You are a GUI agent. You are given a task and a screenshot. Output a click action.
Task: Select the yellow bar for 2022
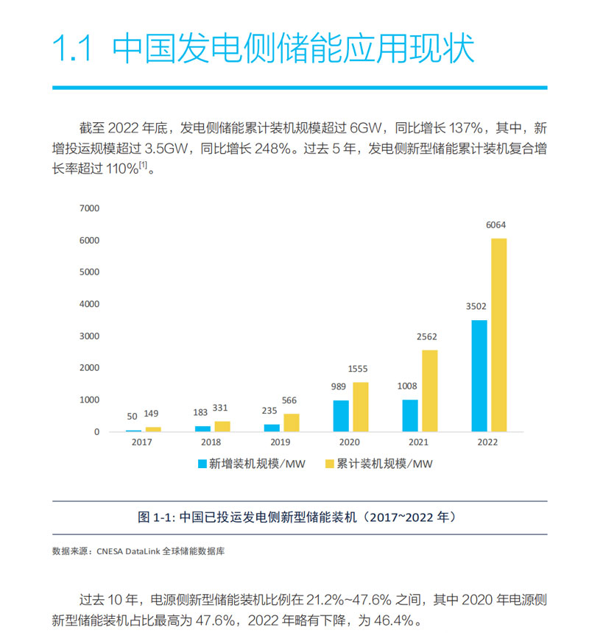(x=498, y=335)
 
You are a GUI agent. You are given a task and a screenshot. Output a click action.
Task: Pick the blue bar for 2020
(x=340, y=416)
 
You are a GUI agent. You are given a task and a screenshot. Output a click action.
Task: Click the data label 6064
(x=496, y=225)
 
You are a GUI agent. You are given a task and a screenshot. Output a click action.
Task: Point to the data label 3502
(x=476, y=307)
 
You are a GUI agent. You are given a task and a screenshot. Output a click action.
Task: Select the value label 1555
(x=362, y=369)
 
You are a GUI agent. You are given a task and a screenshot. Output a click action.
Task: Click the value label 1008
(x=407, y=386)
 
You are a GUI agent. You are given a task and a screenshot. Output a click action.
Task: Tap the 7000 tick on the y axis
(x=88, y=208)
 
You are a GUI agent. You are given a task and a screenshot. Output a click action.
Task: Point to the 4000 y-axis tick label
(x=88, y=304)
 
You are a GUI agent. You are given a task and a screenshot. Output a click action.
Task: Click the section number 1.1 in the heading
(x=71, y=49)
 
